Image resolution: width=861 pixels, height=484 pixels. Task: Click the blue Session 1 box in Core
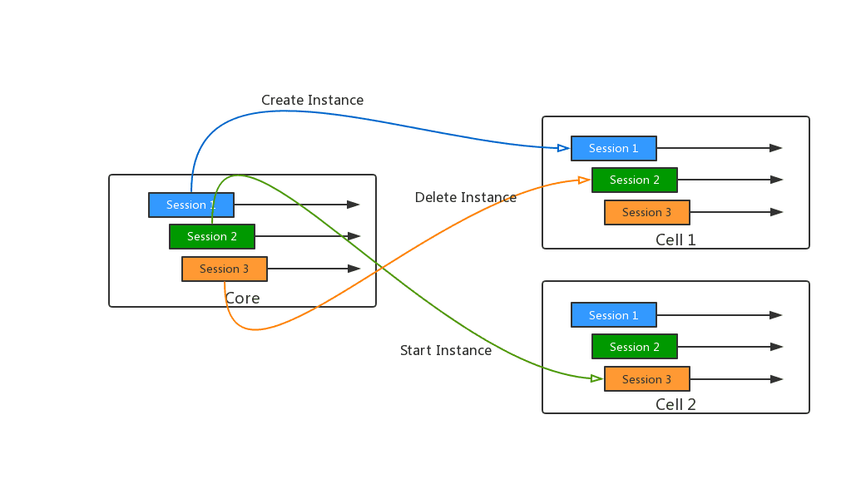tap(191, 205)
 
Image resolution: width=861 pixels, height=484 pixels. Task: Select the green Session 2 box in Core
tap(212, 236)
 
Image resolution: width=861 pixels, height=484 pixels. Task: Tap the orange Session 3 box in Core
tap(225, 269)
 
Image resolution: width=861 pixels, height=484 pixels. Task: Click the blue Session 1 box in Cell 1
tap(614, 148)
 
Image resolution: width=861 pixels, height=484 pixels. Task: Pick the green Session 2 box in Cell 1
tap(635, 180)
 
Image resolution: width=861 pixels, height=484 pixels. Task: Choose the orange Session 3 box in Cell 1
tap(647, 212)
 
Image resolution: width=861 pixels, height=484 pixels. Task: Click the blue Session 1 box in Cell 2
tap(614, 315)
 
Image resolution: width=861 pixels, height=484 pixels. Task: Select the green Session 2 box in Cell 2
tap(635, 347)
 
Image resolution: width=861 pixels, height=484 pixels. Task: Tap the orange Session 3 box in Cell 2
tap(647, 379)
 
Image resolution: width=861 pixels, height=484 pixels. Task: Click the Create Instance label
tap(313, 100)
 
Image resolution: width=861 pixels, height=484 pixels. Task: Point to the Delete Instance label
tap(466, 197)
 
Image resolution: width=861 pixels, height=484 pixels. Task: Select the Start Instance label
tap(446, 350)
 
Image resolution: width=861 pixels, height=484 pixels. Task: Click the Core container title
tap(242, 298)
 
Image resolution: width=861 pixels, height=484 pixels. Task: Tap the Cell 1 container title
tap(676, 240)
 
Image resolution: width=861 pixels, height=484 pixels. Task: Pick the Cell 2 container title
tap(676, 404)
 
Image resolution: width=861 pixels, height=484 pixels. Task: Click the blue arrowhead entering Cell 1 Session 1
tap(564, 148)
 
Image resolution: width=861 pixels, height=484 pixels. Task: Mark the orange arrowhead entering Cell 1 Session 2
tap(585, 180)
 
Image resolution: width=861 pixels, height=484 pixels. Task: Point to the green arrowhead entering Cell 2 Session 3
tap(597, 378)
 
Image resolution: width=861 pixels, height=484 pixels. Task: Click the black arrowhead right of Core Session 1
tap(354, 205)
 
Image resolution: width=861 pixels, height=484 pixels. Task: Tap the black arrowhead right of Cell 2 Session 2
tap(776, 347)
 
